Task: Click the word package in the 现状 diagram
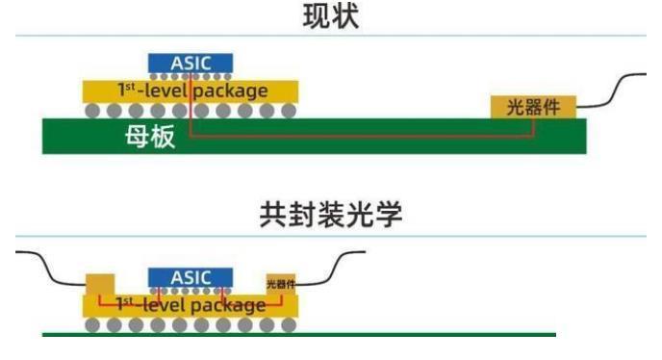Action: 230,90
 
